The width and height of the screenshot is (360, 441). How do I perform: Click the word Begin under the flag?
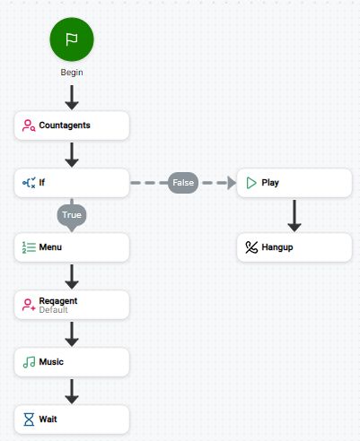pos(72,72)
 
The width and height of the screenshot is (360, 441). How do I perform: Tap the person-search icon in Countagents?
pos(29,125)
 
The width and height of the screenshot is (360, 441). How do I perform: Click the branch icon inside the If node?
pos(29,183)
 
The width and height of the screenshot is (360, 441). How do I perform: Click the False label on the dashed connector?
pos(183,183)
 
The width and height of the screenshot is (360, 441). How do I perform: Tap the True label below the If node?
pos(72,215)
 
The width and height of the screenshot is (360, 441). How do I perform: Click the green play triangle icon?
pos(251,183)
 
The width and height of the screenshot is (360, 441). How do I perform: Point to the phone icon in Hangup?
pos(251,246)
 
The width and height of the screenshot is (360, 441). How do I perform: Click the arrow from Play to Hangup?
pos(294,215)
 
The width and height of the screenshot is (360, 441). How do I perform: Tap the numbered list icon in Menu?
pos(29,246)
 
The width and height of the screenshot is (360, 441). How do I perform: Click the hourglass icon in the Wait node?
pos(29,419)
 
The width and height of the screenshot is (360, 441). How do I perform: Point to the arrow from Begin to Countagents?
pos(72,95)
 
